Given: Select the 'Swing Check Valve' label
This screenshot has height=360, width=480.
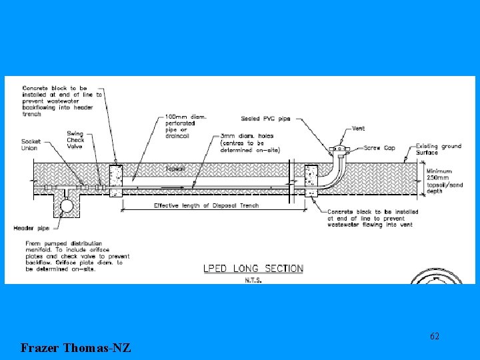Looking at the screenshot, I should tap(75, 141).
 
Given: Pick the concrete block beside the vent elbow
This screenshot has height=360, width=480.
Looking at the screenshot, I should tap(311, 181).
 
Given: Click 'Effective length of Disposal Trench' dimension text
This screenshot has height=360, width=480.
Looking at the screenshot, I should tap(206, 205).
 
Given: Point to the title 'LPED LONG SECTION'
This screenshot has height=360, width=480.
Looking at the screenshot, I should tap(253, 269).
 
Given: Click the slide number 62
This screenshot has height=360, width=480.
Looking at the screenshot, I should tap(434, 336).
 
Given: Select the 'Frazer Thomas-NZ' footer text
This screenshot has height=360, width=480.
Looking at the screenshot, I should tap(75, 347).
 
